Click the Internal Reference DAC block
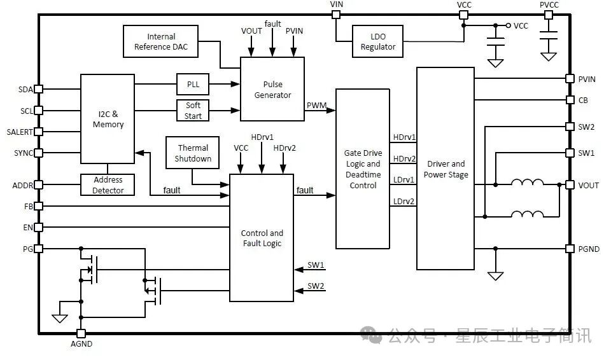point(161,41)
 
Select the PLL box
point(193,84)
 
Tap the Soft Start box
point(193,111)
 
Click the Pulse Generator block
point(272,89)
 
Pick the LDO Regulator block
point(377,41)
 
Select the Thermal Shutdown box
point(193,153)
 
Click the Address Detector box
point(108,185)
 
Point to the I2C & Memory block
point(108,119)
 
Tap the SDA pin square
point(38,89)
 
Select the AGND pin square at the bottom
point(81,333)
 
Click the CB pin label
point(583,100)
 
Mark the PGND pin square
point(570,249)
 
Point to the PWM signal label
point(316,104)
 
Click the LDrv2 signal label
point(404,202)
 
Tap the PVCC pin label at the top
point(549,4)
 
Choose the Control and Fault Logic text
point(261,238)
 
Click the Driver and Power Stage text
point(446,169)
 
